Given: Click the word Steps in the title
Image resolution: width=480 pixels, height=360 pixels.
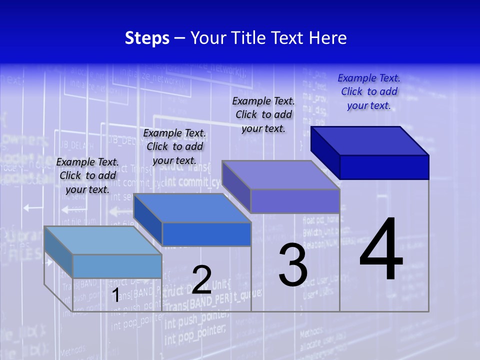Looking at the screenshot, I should click(x=147, y=38).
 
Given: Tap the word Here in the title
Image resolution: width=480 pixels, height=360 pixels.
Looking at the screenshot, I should click(x=327, y=38).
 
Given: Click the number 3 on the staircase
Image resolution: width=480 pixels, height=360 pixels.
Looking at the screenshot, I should click(x=293, y=265).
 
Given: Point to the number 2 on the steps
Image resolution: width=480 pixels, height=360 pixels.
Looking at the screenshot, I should click(x=201, y=280).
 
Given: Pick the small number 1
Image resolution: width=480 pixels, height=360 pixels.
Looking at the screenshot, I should click(x=115, y=295).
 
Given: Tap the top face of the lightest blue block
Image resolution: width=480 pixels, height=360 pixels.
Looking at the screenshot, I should click(x=103, y=240).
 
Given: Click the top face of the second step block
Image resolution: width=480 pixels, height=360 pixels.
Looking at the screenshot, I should click(x=192, y=208).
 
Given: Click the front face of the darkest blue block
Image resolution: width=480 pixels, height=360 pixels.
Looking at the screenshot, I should click(x=384, y=167).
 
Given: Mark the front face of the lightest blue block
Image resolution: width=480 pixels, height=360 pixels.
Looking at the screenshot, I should click(x=117, y=266).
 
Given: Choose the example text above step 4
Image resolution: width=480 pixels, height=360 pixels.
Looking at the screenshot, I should click(x=369, y=91).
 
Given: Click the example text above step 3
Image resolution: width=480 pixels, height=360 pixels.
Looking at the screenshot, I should click(x=263, y=114).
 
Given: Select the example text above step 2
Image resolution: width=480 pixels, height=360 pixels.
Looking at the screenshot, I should click(x=174, y=146).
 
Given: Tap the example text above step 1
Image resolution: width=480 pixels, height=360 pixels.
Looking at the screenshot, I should click(x=87, y=175).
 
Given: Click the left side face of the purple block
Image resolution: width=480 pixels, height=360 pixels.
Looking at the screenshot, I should click(x=236, y=186).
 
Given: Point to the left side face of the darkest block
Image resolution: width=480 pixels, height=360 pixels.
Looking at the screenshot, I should click(x=325, y=152).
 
